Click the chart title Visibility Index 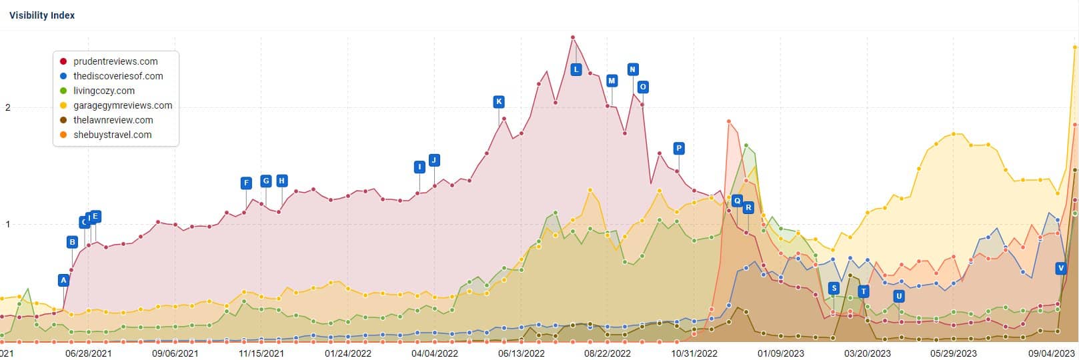coord(42,15)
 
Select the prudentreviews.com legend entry coord(115,61)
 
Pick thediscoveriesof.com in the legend coord(118,76)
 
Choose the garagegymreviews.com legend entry coord(123,105)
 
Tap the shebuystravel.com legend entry coord(113,135)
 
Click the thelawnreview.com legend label coord(113,120)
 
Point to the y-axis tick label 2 coord(8,108)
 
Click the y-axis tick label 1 coord(8,225)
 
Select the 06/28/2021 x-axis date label coord(88,353)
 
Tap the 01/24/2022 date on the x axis coord(348,353)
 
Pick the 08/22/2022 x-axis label coord(608,353)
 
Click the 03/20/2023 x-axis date coord(867,353)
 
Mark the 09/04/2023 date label coord(1051,353)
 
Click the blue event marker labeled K coord(499,102)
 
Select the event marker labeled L coord(576,69)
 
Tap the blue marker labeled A coord(64,280)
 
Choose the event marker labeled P coord(679,148)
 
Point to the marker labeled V coord(1061,268)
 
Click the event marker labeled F coord(247,183)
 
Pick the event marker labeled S coord(834,288)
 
